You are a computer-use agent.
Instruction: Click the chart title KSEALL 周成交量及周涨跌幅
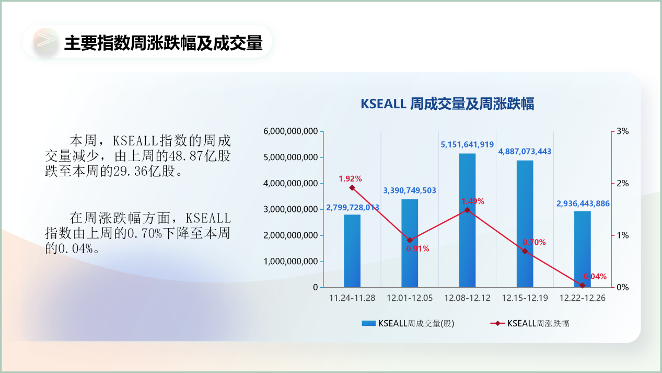447,104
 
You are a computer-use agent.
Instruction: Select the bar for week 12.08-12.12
467,220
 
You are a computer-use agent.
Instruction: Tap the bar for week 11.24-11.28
352,251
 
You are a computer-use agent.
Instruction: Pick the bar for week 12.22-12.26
583,249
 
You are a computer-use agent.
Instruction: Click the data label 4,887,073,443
525,151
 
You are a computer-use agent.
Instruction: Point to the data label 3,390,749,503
410,190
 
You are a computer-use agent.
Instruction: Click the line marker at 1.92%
352,187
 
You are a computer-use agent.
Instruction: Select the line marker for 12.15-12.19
525,251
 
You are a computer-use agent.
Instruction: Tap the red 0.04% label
595,277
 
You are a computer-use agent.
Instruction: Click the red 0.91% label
417,249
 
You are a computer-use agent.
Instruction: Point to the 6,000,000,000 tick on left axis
291,131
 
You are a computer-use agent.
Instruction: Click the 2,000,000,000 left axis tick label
291,235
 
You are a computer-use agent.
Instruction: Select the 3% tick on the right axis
623,131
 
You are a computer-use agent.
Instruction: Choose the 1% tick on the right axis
623,235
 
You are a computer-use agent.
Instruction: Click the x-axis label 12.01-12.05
410,298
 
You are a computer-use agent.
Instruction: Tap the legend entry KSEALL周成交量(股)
408,323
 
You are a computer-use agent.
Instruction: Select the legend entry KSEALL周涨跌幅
530,323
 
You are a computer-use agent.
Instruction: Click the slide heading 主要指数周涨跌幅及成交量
164,43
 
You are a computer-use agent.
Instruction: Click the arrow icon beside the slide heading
45,40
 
